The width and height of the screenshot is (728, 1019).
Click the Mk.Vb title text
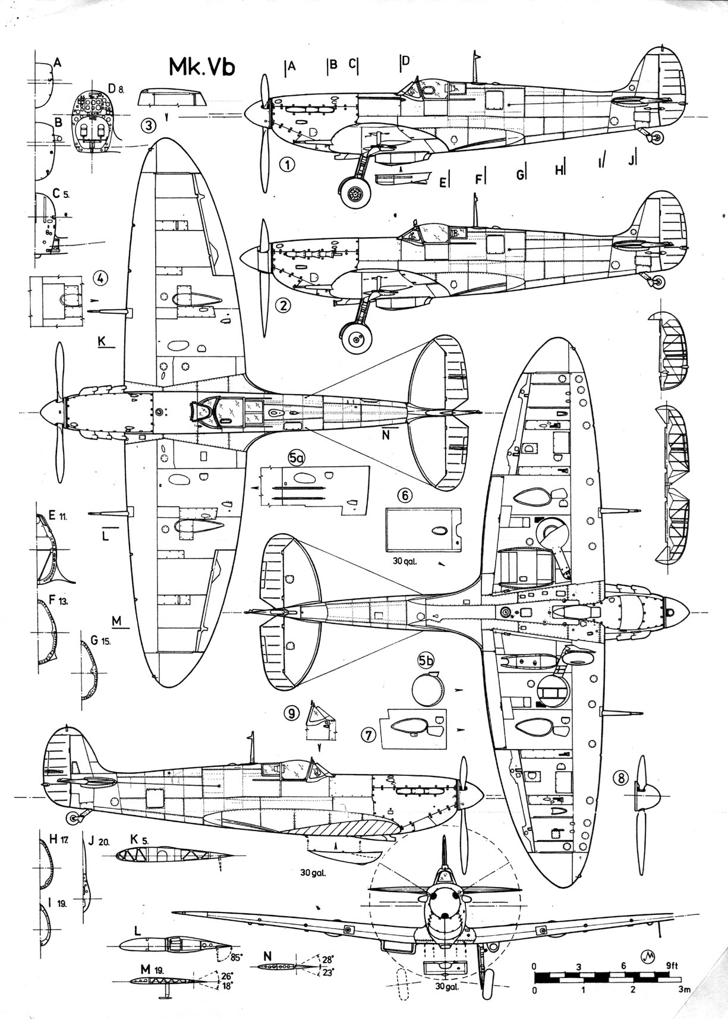[201, 67]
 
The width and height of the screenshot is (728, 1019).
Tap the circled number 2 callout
[283, 306]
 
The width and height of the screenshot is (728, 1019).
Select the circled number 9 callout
[291, 713]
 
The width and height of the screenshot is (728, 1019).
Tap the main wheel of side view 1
[354, 194]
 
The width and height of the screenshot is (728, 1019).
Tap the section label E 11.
[58, 516]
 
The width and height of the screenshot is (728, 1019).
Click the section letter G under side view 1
[521, 174]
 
